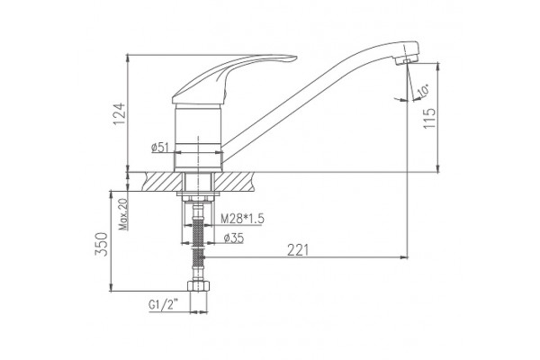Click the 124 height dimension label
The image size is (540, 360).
click(x=119, y=114)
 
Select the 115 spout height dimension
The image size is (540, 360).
click(x=429, y=118)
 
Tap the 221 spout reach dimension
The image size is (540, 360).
click(x=298, y=250)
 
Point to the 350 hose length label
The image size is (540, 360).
click(x=101, y=244)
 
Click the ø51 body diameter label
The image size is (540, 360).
click(x=160, y=148)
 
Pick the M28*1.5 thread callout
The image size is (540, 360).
click(x=242, y=219)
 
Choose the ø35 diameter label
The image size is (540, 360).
click(x=233, y=238)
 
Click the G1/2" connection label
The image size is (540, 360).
click(x=164, y=305)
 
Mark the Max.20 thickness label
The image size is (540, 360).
click(x=123, y=214)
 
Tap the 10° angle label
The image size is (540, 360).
click(x=423, y=90)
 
